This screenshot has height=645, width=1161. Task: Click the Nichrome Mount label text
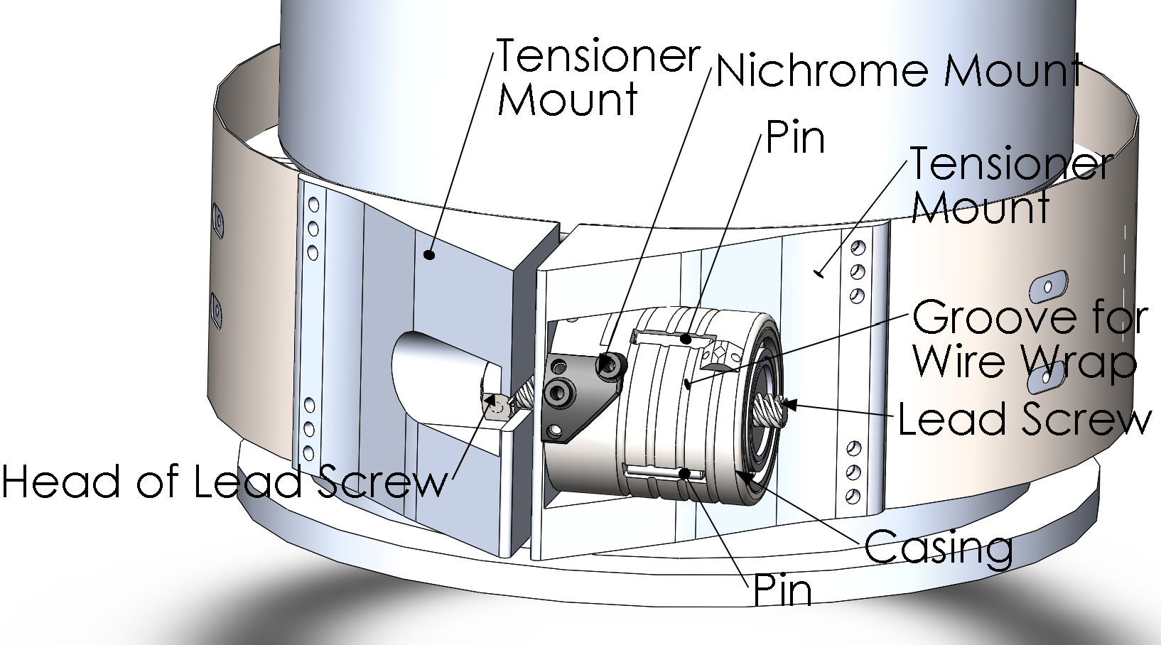(x=899, y=71)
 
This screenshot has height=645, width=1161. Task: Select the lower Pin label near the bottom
(x=782, y=591)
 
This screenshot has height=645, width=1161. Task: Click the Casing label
(x=939, y=548)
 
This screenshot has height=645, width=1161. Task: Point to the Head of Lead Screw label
(x=225, y=482)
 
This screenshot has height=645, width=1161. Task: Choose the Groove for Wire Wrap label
(x=1030, y=339)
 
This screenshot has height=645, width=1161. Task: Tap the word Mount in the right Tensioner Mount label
(x=981, y=207)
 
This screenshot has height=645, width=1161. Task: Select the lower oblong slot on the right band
(x=1045, y=379)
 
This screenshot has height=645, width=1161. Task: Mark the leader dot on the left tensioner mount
(x=428, y=254)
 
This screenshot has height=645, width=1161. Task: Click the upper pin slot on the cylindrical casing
(x=671, y=337)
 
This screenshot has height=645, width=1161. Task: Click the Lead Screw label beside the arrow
(x=1023, y=419)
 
